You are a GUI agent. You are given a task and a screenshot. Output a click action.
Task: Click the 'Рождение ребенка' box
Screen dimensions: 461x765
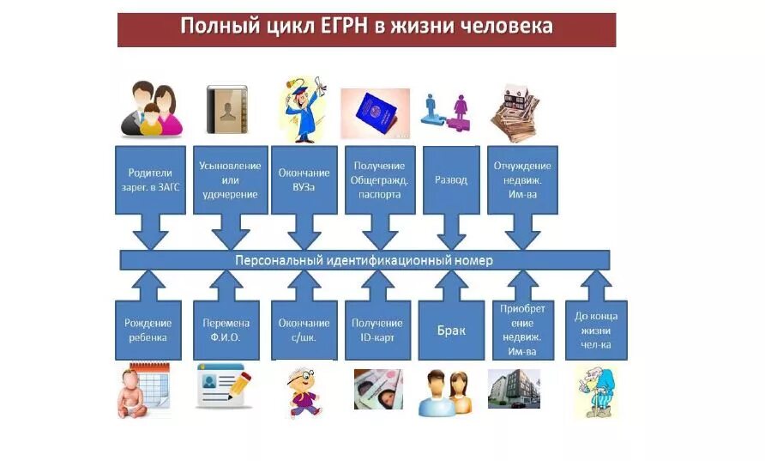pyautogui.click(x=148, y=330)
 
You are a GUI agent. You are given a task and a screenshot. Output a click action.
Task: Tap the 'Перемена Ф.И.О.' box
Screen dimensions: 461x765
pyautogui.click(x=226, y=330)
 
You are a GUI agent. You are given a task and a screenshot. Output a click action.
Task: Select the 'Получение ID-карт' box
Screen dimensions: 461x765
pyautogui.click(x=377, y=330)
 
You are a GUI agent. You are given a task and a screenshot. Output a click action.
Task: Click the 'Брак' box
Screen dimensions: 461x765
pyautogui.click(x=451, y=330)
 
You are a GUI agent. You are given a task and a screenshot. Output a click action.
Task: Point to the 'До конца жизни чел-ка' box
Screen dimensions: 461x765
pyautogui.click(x=596, y=330)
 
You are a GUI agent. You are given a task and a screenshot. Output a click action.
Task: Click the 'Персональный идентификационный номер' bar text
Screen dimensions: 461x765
pyautogui.click(x=364, y=260)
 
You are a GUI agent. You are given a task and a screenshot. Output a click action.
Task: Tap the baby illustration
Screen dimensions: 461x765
pyautogui.click(x=142, y=391)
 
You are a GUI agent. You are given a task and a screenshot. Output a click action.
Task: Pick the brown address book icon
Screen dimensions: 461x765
pyautogui.click(x=226, y=109)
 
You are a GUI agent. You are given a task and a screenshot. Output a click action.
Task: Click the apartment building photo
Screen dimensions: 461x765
pyautogui.click(x=514, y=389)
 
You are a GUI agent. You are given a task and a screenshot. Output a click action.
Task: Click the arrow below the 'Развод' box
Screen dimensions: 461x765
pyautogui.click(x=451, y=231)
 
